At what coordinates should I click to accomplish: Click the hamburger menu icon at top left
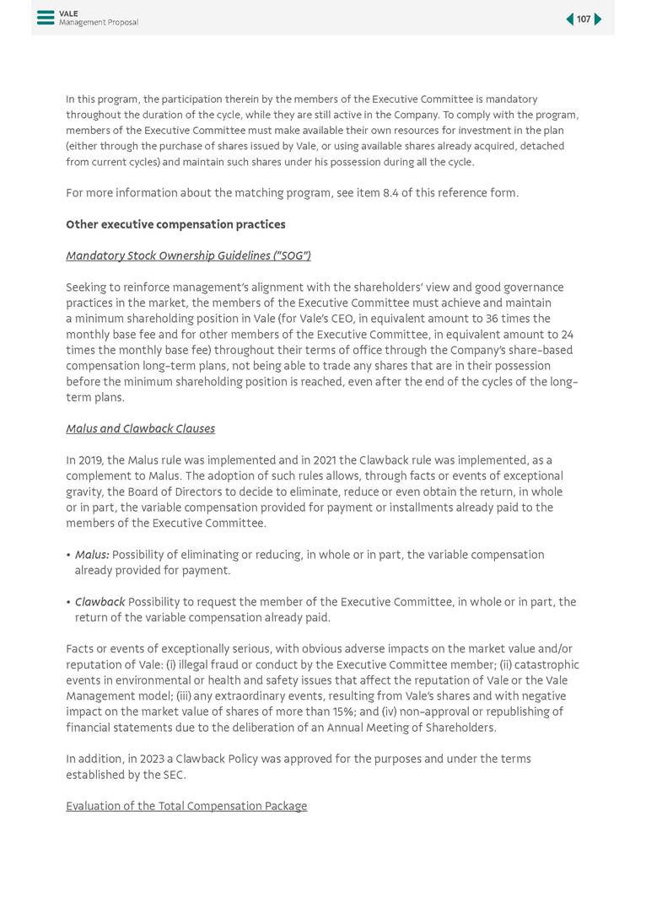[x=46, y=18]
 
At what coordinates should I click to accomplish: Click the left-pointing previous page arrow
[x=569, y=19]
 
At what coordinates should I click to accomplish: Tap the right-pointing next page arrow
[x=598, y=19]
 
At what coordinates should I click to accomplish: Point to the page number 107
[x=584, y=19]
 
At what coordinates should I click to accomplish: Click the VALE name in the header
[x=68, y=13]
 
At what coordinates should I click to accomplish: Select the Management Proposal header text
[x=99, y=23]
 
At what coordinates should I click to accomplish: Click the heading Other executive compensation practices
[x=175, y=224]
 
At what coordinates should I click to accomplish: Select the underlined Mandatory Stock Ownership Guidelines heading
[x=188, y=255]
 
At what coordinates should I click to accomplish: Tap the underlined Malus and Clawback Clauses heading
[x=140, y=428]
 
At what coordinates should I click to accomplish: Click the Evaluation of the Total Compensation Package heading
[x=186, y=806]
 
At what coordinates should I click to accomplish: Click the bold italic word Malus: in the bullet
[x=92, y=555]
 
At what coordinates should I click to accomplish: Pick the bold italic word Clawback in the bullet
[x=100, y=602]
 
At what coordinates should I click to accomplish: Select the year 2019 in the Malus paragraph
[x=90, y=460]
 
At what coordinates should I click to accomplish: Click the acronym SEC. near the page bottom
[x=174, y=775]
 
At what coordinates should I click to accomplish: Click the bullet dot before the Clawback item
[x=68, y=603]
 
